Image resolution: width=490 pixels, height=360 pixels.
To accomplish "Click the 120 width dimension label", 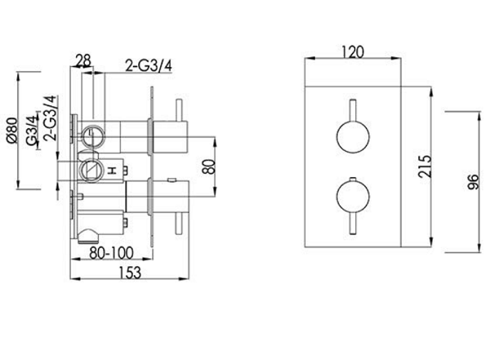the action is click(353, 52).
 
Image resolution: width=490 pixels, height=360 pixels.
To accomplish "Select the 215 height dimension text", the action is click(425, 167).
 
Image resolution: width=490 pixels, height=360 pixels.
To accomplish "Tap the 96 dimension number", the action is click(473, 182).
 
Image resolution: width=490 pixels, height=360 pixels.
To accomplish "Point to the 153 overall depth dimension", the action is click(130, 273).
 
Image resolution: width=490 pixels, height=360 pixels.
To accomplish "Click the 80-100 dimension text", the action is click(111, 253).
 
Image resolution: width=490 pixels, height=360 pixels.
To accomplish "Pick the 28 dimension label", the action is click(83, 60).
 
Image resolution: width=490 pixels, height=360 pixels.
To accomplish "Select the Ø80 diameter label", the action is click(12, 131).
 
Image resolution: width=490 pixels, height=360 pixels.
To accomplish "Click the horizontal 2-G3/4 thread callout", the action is click(149, 65).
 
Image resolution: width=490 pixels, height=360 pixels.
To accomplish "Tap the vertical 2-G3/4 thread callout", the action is click(51, 118).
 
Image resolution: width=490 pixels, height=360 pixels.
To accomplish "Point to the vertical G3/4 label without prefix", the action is click(32, 131).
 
